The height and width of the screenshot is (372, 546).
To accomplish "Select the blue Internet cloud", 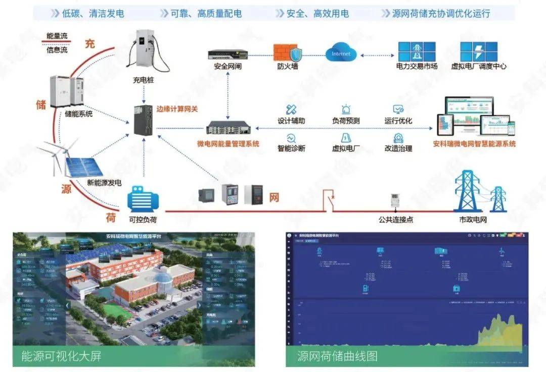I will tap(341, 52).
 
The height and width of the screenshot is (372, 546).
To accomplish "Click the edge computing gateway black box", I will tap(143, 119).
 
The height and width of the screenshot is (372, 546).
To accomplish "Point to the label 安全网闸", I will tap(228, 66).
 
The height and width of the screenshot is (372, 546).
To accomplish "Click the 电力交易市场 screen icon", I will tap(417, 51).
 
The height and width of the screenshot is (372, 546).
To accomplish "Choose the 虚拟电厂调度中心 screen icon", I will tap(478, 51).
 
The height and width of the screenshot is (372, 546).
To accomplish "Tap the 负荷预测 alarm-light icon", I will tap(346, 109).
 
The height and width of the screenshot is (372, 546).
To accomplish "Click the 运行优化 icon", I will tap(398, 109).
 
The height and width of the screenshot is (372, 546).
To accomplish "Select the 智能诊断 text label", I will tap(291, 148).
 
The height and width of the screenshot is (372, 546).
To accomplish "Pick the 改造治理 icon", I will tap(398, 138).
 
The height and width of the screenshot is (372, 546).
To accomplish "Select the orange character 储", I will tap(41, 105).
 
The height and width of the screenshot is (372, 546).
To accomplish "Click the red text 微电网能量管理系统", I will tap(228, 144).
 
